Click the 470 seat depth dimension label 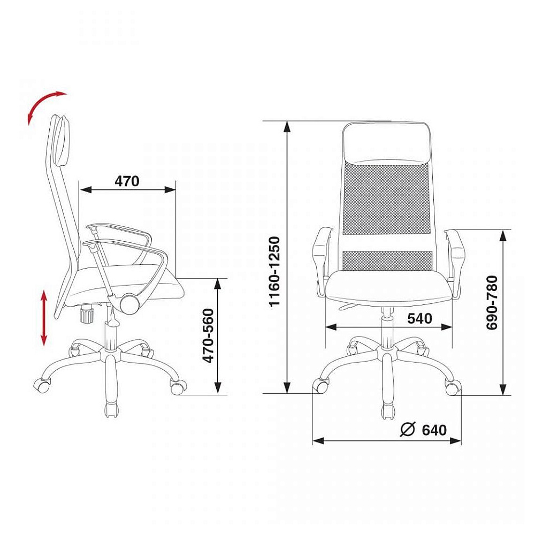click(x=127, y=181)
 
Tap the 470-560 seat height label click(x=208, y=336)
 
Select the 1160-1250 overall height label click(x=274, y=272)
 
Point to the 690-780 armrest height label click(x=492, y=303)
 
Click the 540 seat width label click(x=419, y=318)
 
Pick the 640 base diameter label click(x=434, y=430)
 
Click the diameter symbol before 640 click(x=408, y=430)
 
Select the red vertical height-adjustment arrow click(x=44, y=318)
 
